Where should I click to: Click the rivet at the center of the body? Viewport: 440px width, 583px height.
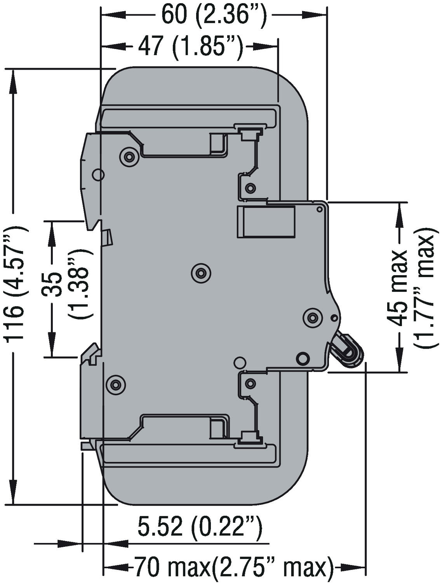(201, 273)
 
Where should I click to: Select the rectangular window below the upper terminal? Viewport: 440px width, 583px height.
(266, 222)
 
